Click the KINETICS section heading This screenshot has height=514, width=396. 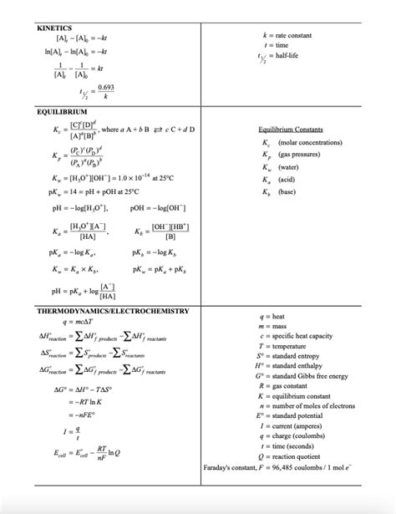55,28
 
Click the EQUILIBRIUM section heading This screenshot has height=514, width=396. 63,111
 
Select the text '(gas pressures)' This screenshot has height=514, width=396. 298,155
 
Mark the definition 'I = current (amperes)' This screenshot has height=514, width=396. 293,425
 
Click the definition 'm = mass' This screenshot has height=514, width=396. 277,326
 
